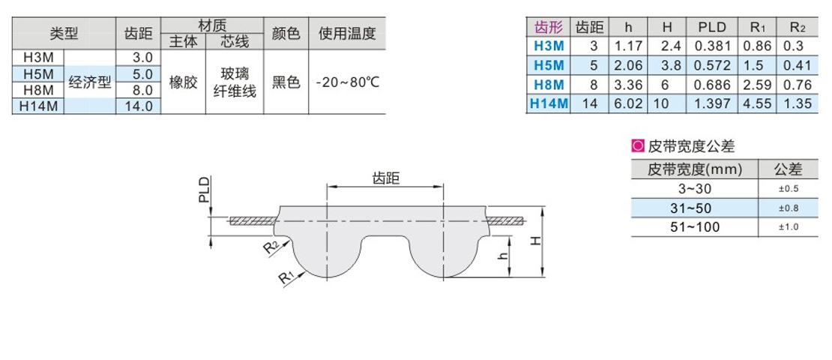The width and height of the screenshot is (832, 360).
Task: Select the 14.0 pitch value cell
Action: [x=138, y=106]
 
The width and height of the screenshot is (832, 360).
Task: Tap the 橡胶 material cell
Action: [x=183, y=82]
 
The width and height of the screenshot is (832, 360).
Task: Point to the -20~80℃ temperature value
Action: [x=348, y=82]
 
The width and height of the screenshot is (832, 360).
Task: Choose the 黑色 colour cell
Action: [x=286, y=82]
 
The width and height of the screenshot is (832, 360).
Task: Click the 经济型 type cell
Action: [x=90, y=82]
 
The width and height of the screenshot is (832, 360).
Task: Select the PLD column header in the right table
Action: [x=712, y=28]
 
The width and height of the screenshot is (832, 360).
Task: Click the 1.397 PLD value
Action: [x=712, y=103]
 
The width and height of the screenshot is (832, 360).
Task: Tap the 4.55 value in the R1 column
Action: [x=756, y=103]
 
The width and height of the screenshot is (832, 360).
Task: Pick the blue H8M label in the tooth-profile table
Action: [x=549, y=85]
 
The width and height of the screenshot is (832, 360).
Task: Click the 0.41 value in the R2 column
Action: [x=797, y=65]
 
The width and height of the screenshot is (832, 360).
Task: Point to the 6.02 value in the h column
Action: [x=627, y=103]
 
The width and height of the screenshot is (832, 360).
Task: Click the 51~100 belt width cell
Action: [x=694, y=226]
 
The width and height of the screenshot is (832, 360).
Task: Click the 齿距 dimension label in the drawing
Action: [x=385, y=178]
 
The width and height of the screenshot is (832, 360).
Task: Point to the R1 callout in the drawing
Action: [x=286, y=278]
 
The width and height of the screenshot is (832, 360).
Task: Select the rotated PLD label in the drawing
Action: [x=204, y=190]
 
